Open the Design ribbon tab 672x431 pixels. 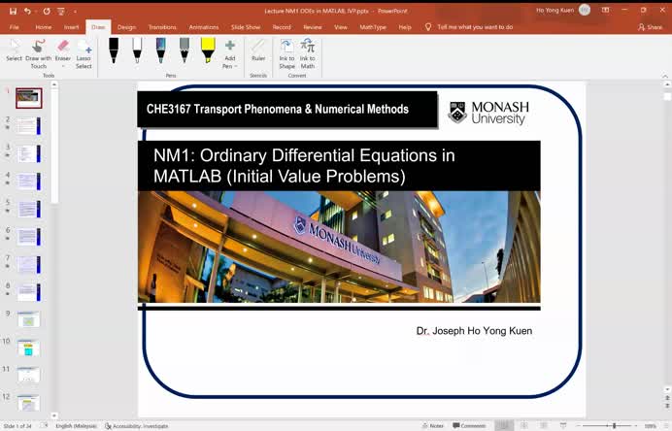coord(126,27)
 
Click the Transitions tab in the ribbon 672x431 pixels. coord(162,27)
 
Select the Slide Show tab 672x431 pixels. coord(245,27)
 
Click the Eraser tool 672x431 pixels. coord(63,52)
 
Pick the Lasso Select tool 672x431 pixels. coord(84,52)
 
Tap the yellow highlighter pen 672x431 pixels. coord(208,50)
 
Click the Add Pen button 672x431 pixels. coord(230,52)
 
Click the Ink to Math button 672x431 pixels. coord(308,52)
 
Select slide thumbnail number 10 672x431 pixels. coord(28,347)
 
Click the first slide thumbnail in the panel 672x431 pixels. coord(28,97)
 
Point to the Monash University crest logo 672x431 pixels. coord(457,113)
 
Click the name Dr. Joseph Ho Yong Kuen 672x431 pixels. coord(474,331)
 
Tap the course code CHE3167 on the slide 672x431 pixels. coord(168,110)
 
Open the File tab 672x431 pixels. coord(15,27)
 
